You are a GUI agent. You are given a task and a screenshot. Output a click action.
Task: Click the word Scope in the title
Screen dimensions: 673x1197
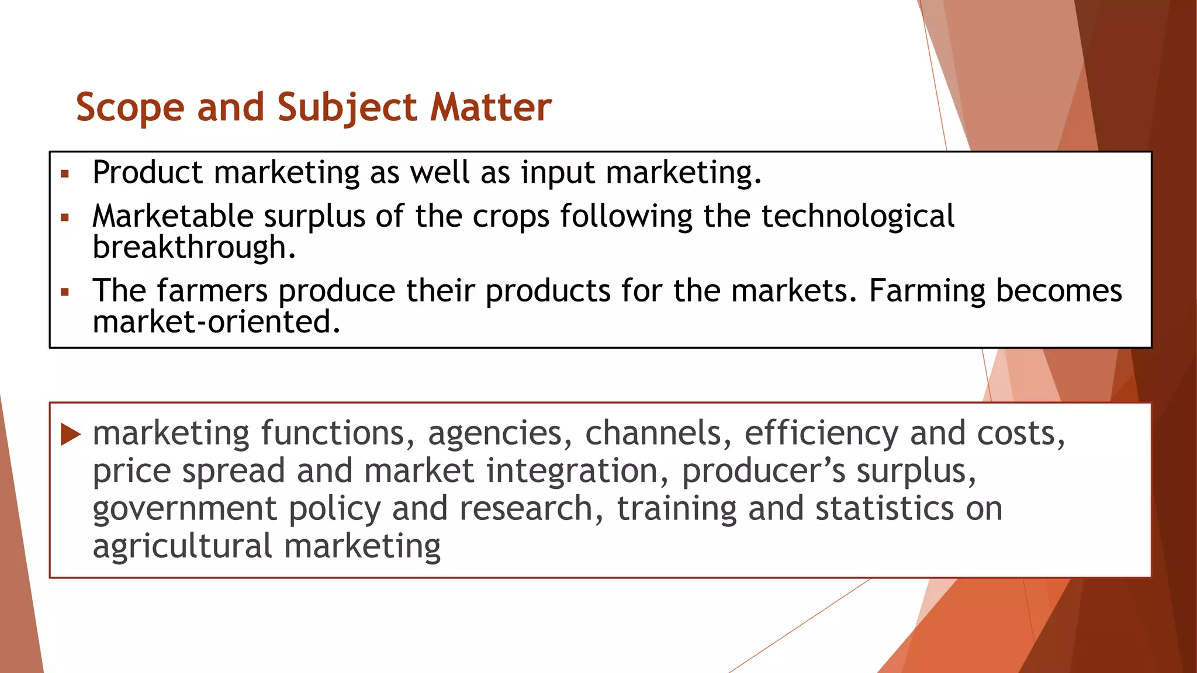click(130, 108)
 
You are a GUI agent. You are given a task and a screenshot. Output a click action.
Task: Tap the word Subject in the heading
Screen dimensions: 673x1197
click(347, 108)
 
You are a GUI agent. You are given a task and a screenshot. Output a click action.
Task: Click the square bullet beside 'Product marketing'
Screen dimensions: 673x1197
click(65, 174)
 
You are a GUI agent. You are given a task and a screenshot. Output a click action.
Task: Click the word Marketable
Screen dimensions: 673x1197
click(172, 216)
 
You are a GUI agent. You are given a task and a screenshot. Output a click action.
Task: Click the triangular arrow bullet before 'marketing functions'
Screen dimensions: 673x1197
click(70, 434)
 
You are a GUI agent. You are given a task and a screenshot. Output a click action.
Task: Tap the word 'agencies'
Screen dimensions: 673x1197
click(496, 434)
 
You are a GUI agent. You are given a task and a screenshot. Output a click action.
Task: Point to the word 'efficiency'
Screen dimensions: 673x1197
click(821, 434)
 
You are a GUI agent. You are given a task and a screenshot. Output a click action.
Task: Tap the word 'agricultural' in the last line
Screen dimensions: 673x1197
click(182, 547)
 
